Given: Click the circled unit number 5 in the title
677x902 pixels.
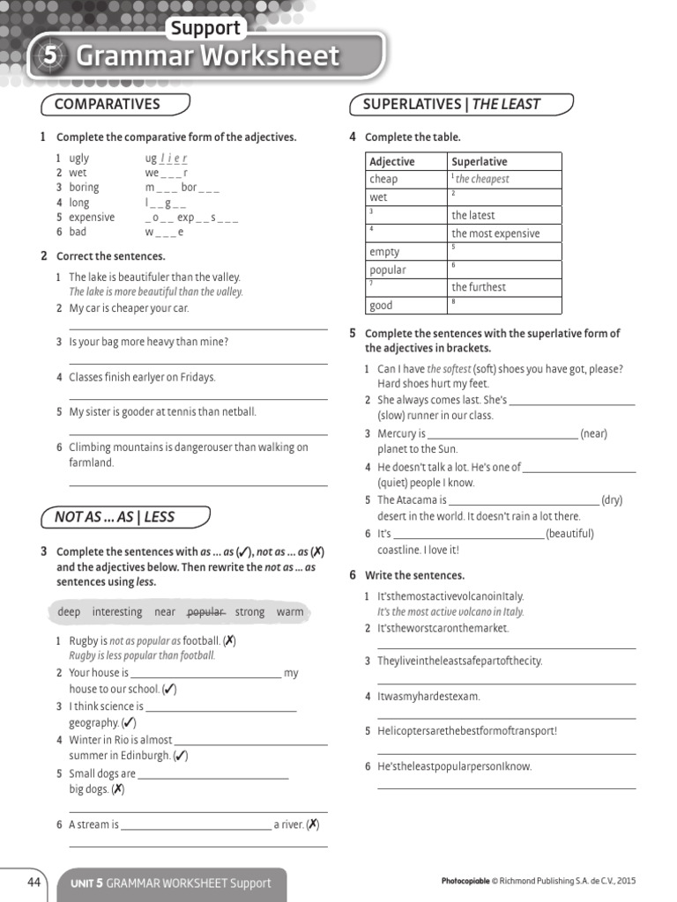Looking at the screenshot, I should (50, 55).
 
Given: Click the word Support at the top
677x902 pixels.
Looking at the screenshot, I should (205, 27).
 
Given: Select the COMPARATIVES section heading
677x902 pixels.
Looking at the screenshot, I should (107, 104).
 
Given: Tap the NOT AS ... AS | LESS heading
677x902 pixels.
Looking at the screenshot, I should (115, 517).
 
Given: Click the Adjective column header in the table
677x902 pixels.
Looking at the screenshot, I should (391, 161).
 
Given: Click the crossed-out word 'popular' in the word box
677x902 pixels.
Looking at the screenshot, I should (206, 611).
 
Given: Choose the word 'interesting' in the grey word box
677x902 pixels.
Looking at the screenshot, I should (116, 611).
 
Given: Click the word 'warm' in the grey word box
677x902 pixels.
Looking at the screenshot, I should (289, 611).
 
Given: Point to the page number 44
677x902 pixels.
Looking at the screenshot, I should (34, 882).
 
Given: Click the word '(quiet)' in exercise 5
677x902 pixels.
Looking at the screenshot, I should (394, 483).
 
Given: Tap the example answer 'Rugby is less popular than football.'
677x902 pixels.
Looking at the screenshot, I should (142, 655).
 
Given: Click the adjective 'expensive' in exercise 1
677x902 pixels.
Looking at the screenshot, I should (92, 217).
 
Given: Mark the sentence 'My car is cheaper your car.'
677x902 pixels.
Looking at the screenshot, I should (129, 308).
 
